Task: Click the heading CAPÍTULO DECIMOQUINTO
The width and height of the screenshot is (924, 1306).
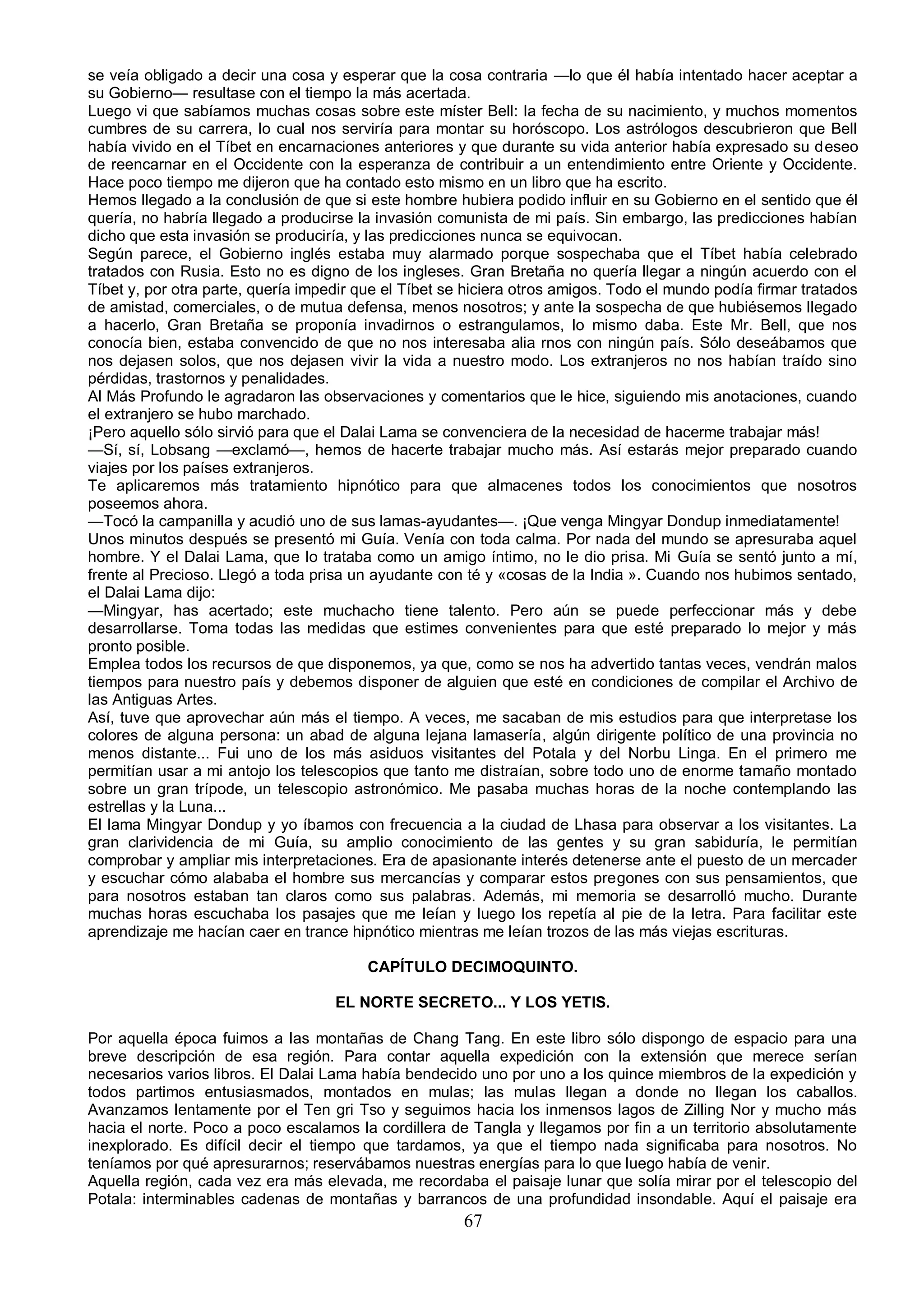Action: coord(472,967)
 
